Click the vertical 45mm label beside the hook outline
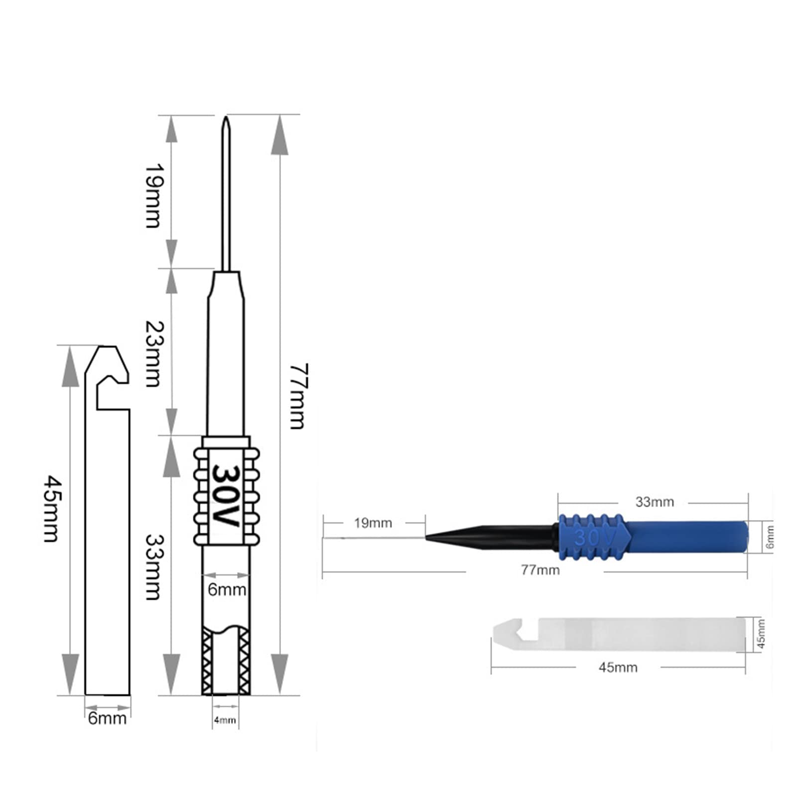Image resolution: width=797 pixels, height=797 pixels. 52,509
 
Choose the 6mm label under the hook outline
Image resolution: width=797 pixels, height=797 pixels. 107,718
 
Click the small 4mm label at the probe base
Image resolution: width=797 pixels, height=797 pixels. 225,720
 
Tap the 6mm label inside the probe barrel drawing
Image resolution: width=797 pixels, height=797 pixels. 227,590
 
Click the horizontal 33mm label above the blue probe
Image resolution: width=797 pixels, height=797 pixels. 655,502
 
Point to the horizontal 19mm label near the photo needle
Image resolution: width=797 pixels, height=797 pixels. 373,523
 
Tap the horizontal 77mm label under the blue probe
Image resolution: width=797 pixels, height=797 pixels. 540,570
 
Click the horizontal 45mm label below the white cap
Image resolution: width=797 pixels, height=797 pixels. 618,667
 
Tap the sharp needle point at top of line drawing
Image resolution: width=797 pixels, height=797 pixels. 226,120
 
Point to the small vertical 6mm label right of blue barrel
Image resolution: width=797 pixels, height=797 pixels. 770,536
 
